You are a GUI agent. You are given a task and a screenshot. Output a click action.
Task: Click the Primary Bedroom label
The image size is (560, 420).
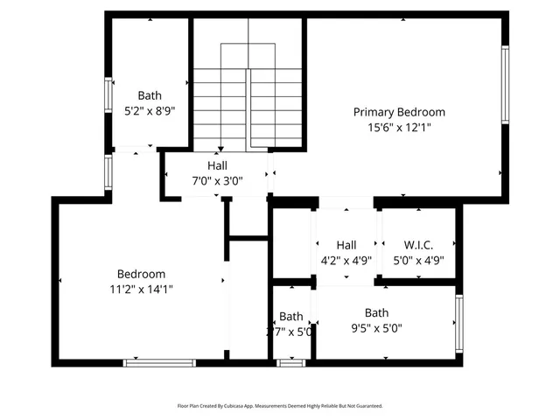(399, 112)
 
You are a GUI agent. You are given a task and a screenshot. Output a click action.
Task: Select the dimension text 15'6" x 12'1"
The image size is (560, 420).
(399, 127)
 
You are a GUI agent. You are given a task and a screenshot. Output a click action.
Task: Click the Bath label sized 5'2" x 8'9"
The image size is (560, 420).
(150, 95)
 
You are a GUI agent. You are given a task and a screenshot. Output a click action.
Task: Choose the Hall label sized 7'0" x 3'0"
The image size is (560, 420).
(217, 166)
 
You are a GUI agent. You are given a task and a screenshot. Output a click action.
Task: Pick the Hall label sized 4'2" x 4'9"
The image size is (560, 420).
(346, 245)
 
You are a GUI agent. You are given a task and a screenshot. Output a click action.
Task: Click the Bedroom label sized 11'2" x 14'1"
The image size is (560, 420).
(141, 274)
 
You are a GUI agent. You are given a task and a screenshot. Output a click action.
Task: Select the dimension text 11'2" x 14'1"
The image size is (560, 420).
(141, 289)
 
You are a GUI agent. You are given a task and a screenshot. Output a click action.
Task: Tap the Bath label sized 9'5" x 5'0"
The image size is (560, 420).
(376, 312)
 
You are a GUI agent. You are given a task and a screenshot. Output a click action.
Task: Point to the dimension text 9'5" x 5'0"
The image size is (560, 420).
(376, 328)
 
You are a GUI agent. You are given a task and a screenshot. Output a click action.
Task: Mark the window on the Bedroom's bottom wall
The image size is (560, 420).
(158, 362)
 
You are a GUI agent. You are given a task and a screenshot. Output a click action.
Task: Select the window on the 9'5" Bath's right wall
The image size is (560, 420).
(458, 323)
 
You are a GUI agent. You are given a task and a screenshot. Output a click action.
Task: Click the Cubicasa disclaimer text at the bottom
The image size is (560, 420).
(280, 406)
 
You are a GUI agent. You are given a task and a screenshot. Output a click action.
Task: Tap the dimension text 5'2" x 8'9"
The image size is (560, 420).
(150, 110)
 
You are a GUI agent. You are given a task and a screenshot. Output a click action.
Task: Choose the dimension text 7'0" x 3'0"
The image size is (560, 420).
(217, 181)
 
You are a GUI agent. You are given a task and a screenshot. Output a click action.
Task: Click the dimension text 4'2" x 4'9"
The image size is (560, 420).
(346, 260)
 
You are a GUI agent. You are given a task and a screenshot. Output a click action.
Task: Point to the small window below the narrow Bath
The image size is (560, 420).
(290, 362)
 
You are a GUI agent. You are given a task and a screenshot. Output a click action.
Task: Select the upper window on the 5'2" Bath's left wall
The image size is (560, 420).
(109, 94)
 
